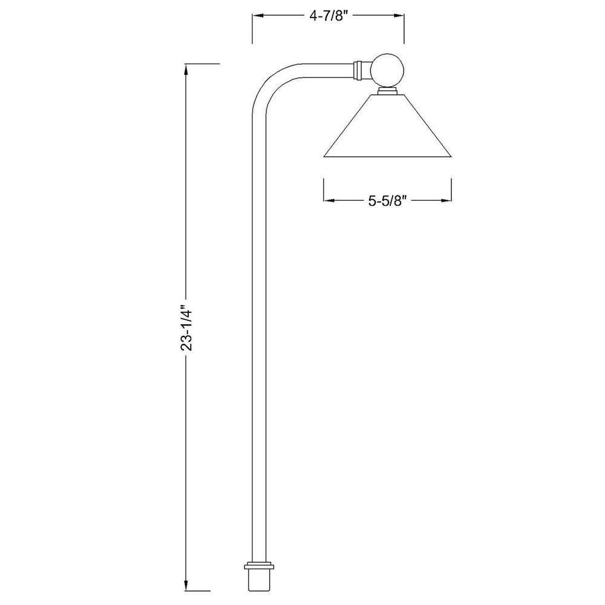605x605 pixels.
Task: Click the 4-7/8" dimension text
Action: [328, 17]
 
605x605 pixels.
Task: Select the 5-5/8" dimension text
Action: [388, 201]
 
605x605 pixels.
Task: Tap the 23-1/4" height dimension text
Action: [187, 327]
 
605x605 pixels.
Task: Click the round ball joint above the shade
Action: [387, 70]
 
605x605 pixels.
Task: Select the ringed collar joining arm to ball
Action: [359, 70]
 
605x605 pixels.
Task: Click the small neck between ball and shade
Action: [387, 91]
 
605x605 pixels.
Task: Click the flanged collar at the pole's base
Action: [259, 567]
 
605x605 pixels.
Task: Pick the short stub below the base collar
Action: [259, 582]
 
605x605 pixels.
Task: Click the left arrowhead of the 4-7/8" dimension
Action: [256, 18]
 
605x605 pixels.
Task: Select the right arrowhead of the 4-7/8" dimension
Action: [401, 18]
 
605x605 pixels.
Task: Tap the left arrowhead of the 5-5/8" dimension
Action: [328, 200]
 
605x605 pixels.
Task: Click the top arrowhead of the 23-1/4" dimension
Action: [187, 67]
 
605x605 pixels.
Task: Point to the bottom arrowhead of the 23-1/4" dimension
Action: [187, 587]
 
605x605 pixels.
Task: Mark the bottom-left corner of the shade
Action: [325, 157]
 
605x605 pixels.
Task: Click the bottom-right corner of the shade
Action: [451, 157]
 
